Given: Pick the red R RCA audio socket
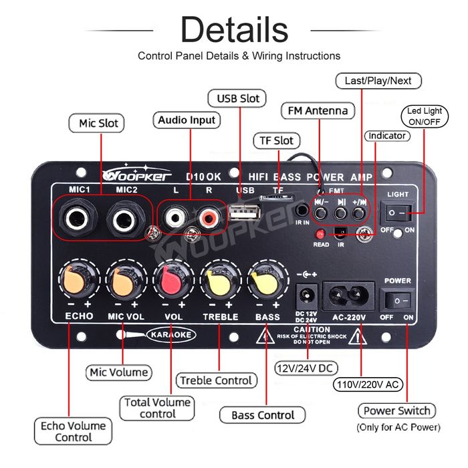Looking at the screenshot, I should (x=207, y=217).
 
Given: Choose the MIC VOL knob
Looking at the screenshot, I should (x=125, y=281).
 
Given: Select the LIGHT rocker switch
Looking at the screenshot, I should (x=397, y=213).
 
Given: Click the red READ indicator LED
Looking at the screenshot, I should (x=321, y=234).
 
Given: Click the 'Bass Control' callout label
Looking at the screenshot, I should (x=262, y=415).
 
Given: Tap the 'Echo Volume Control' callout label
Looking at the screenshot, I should (x=74, y=431).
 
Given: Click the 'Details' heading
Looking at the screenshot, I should (x=235, y=30).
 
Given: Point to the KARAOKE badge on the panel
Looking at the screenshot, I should (x=170, y=333).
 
